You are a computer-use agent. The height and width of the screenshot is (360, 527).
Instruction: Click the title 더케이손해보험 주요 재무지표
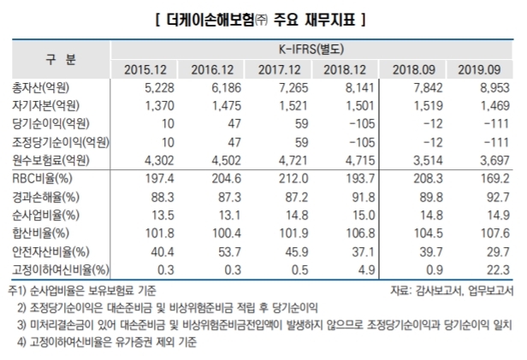[263, 16]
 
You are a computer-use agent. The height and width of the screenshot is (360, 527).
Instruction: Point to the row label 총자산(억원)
[43, 89]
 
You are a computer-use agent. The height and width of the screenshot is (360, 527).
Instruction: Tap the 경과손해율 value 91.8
[347, 197]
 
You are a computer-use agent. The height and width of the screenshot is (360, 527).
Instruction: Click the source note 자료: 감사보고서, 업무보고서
[451, 290]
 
